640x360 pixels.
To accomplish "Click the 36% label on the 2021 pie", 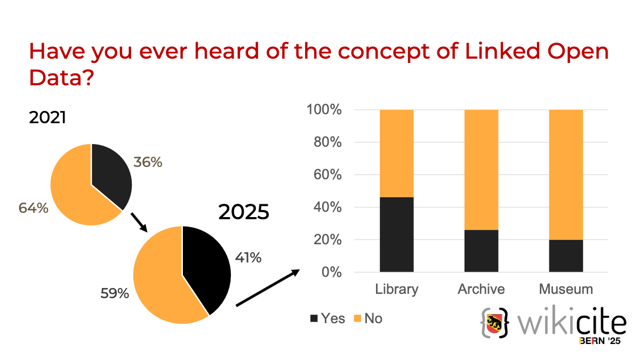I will (148, 162).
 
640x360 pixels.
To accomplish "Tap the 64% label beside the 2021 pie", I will (34, 207).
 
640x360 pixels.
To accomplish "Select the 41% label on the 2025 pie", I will (248, 258).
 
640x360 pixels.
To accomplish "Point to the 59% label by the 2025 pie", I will (115, 293).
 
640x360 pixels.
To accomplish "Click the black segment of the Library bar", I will (396, 235).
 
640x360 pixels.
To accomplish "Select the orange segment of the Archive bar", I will (481, 170).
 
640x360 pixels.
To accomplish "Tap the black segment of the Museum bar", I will (566, 256).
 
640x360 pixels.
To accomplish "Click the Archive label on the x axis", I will (481, 289).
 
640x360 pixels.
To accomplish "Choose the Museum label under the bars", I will (566, 289).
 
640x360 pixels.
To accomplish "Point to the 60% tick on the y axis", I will (323, 175).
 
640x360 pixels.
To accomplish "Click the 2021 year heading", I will (47, 117).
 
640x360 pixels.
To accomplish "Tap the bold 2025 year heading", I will (244, 212).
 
